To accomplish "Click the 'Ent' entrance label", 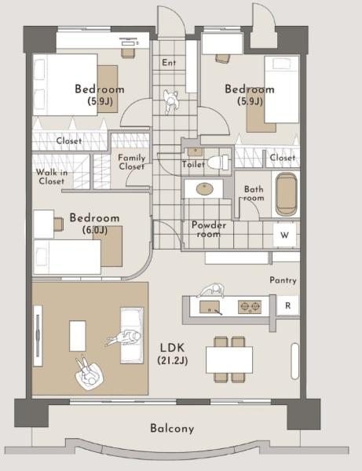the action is pos(169,63).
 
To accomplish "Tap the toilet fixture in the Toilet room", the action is pos(218,162).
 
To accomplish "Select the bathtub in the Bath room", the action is pos(287,194).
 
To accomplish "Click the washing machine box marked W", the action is pos(284,235).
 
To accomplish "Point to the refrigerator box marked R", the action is pos(288,305).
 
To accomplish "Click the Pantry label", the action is pos(283,280).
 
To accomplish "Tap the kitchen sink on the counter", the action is pos(210,307).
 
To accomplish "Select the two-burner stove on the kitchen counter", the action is pos(250,307).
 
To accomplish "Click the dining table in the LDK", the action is pos(229,360).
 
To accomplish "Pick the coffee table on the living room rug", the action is pos(78,335).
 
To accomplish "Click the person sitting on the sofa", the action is pos(124,338).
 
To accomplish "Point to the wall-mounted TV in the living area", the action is pos(38,335).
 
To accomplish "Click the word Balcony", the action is pos(172,428).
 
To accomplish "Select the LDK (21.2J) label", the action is pos(173,354).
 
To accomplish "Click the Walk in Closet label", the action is pos(51,177).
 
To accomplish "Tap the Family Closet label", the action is pos(132,162).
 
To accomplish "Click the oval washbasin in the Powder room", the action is pos(205,189).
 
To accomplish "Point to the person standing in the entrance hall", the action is pos(171,102).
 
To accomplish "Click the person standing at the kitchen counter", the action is pos(213,290).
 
